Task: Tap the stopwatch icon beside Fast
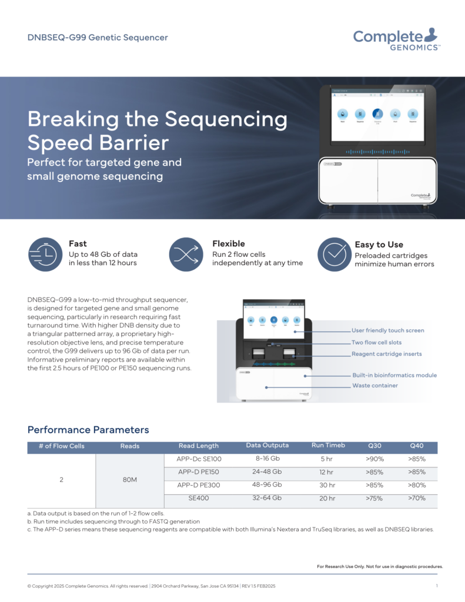(x=45, y=255)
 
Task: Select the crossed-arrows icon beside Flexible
(x=186, y=255)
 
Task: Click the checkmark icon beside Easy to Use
(x=334, y=255)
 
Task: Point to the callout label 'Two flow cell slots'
(x=377, y=342)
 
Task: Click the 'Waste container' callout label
(x=375, y=386)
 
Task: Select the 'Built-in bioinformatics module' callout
(x=394, y=375)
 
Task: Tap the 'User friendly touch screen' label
(x=387, y=330)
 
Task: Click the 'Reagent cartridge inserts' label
(x=386, y=354)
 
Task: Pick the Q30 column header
(x=374, y=446)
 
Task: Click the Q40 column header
(x=417, y=446)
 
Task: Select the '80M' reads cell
(x=130, y=480)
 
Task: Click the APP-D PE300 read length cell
(x=199, y=485)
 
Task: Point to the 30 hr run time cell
(x=327, y=485)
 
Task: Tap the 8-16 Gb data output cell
(x=267, y=459)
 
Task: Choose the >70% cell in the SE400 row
(x=417, y=499)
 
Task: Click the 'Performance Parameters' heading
(x=88, y=430)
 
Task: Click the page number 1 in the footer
(x=437, y=586)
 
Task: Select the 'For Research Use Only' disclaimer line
(x=380, y=567)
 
